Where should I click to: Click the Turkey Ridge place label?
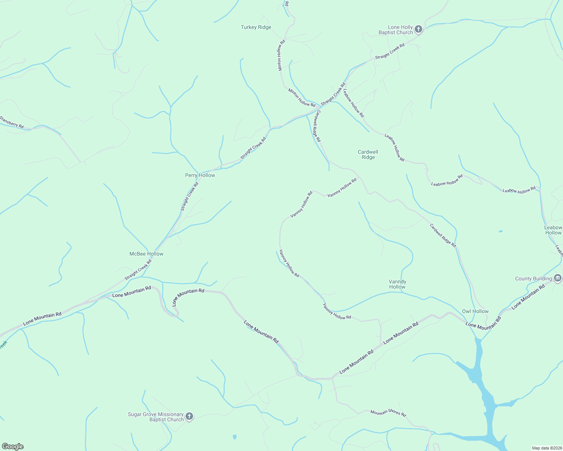(256, 27)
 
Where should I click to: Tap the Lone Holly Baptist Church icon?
(418, 29)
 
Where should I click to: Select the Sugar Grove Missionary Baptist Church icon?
(189, 416)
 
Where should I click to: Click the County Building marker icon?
(558, 278)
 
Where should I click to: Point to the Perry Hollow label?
(200, 175)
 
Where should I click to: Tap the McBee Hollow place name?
(146, 254)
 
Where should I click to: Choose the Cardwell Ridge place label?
(368, 154)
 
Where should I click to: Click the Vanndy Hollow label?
(397, 284)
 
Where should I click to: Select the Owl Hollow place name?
(475, 311)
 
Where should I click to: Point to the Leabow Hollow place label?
(553, 230)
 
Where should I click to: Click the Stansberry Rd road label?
(12, 122)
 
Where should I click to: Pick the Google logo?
(12, 446)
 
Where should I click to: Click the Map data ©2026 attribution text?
(546, 448)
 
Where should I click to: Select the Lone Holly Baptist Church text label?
(396, 30)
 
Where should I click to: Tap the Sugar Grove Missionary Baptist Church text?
(156, 417)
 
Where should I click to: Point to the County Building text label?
(533, 278)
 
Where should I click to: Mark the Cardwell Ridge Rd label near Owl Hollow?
(443, 235)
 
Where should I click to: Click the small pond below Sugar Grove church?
(235, 437)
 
